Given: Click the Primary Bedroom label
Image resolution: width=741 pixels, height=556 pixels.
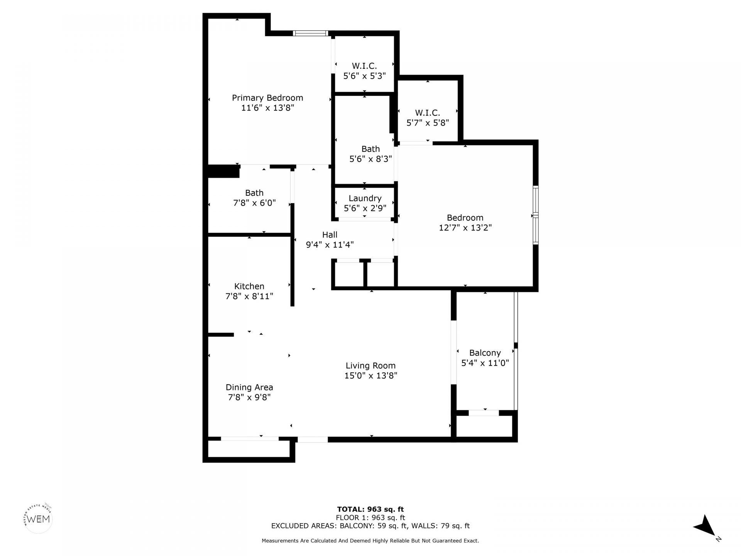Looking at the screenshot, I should click(x=267, y=98).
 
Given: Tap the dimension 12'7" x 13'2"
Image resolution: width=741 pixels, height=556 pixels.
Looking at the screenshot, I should click(x=465, y=228).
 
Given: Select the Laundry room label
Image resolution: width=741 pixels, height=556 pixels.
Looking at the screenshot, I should click(x=365, y=198).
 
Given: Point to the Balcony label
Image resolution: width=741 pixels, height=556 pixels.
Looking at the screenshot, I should click(x=485, y=353).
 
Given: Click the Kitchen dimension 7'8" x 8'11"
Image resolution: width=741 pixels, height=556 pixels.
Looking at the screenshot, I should click(x=249, y=297).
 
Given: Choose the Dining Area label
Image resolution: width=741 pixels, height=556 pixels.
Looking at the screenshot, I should click(x=249, y=387).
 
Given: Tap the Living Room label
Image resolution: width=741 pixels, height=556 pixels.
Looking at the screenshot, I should click(x=370, y=366).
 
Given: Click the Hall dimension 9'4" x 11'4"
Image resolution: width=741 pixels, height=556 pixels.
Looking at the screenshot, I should click(x=330, y=245).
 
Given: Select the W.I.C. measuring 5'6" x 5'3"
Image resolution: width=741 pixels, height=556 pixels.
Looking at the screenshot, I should click(x=364, y=71).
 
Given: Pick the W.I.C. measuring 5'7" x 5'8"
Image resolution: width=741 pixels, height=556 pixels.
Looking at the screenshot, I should click(x=427, y=118).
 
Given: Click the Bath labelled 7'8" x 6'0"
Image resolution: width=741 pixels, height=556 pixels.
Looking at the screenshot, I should click(x=254, y=198).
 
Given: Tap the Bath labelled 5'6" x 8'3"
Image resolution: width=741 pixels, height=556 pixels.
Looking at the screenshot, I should click(x=370, y=154).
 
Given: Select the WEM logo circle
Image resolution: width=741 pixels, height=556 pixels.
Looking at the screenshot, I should click(x=38, y=519).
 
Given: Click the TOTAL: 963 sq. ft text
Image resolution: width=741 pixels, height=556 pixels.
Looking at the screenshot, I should click(x=370, y=509).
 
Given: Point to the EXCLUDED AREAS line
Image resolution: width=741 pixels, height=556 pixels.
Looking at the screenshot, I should click(x=370, y=526).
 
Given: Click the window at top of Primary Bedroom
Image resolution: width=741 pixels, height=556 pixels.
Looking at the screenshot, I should click(x=310, y=33).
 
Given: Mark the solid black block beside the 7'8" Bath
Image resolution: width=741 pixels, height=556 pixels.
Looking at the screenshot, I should click(x=223, y=171).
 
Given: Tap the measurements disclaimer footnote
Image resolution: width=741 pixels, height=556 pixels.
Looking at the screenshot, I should click(x=370, y=541).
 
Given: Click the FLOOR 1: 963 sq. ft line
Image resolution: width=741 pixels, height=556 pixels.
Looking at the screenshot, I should click(x=370, y=518).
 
